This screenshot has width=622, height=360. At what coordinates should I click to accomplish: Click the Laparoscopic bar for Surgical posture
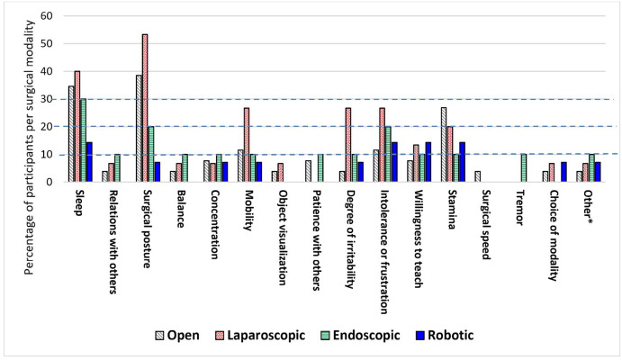[x=145, y=108]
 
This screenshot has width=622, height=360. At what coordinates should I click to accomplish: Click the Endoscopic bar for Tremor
[x=525, y=168]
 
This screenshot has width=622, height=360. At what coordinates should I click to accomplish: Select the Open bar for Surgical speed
[x=477, y=176]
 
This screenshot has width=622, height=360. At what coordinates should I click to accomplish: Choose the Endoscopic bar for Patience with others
[x=321, y=168]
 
